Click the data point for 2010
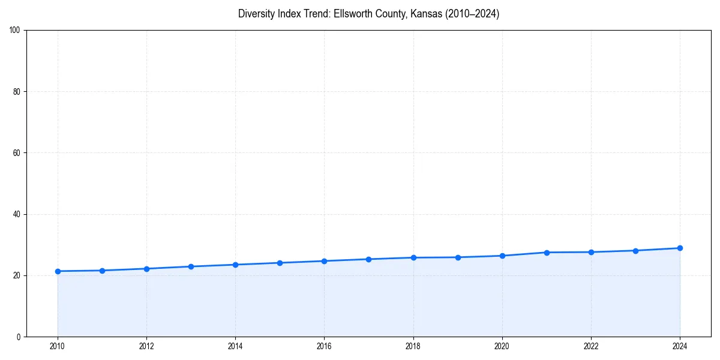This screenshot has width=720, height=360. (x=58, y=271)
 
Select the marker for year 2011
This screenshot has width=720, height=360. (x=102, y=271)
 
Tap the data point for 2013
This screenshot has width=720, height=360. (x=191, y=266)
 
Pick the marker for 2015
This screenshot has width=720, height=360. (x=280, y=263)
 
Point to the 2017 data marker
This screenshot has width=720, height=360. (x=368, y=259)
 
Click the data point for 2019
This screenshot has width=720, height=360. (x=458, y=257)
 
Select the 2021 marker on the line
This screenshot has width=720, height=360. (x=547, y=253)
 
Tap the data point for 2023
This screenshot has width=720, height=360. (x=635, y=251)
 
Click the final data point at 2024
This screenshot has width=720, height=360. (x=680, y=248)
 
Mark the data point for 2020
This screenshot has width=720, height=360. (x=502, y=256)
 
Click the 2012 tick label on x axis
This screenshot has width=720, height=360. (x=146, y=346)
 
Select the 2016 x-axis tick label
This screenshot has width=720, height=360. (x=324, y=346)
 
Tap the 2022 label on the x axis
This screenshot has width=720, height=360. (x=591, y=346)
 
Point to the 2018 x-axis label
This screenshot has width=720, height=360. (x=413, y=346)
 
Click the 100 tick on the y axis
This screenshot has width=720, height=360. (x=16, y=31)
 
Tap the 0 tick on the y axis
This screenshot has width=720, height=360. (x=19, y=337)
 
